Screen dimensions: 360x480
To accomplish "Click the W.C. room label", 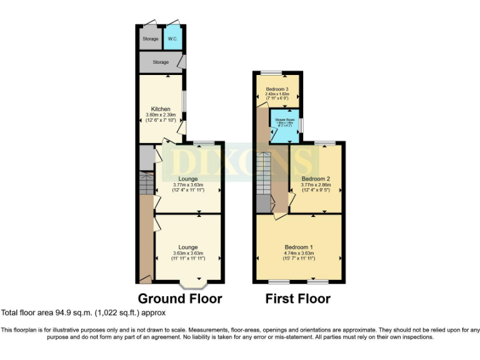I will tap(172, 39).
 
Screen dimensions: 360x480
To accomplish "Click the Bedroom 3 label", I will tap(276, 89).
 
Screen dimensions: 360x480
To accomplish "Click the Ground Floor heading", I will tap(180, 298).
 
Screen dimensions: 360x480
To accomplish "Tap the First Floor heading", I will tap(298, 298).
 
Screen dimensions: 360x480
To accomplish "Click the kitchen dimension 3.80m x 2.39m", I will tap(161, 115).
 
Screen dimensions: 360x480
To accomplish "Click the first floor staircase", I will tap(263, 175).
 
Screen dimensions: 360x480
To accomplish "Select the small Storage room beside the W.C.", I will tap(150, 39).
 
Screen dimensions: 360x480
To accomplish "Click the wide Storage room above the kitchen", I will tap(161, 62).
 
